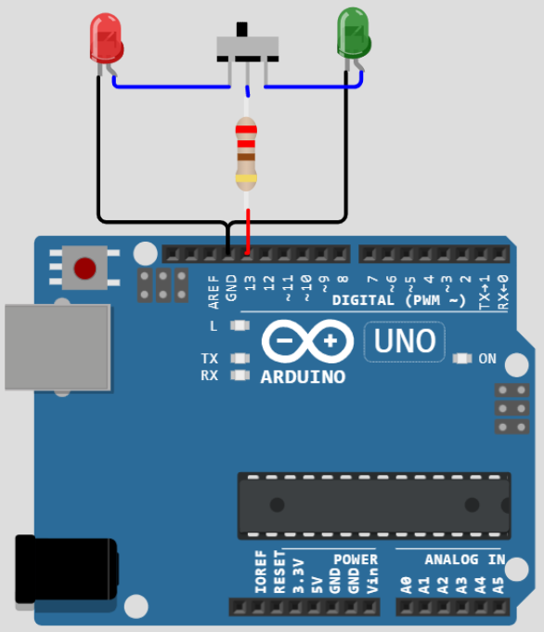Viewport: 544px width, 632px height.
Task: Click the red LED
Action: point(107,39)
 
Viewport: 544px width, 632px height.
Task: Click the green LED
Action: point(354,33)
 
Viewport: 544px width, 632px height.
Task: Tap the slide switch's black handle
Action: point(242,30)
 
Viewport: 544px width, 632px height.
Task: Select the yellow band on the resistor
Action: point(246,178)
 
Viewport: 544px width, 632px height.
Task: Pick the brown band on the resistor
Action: point(246,157)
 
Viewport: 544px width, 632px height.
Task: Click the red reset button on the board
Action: point(84,268)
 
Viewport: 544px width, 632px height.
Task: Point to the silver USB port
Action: point(58,348)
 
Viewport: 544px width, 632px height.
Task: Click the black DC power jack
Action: point(67,568)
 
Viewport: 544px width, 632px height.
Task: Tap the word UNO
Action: point(405,341)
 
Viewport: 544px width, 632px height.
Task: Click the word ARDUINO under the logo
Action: point(303,377)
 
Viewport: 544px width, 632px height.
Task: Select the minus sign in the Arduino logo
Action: point(284,341)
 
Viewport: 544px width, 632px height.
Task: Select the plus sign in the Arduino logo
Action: point(330,341)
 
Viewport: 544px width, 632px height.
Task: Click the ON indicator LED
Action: point(462,359)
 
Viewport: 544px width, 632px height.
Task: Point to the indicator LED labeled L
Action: point(240,325)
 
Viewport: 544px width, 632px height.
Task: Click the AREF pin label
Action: point(214,292)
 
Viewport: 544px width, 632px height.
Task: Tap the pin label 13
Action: point(250,283)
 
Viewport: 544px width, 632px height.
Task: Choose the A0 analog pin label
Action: point(407,586)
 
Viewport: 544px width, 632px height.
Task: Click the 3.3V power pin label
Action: point(298,576)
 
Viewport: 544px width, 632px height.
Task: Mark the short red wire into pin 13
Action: point(248,231)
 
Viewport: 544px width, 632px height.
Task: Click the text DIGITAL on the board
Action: point(363,300)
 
